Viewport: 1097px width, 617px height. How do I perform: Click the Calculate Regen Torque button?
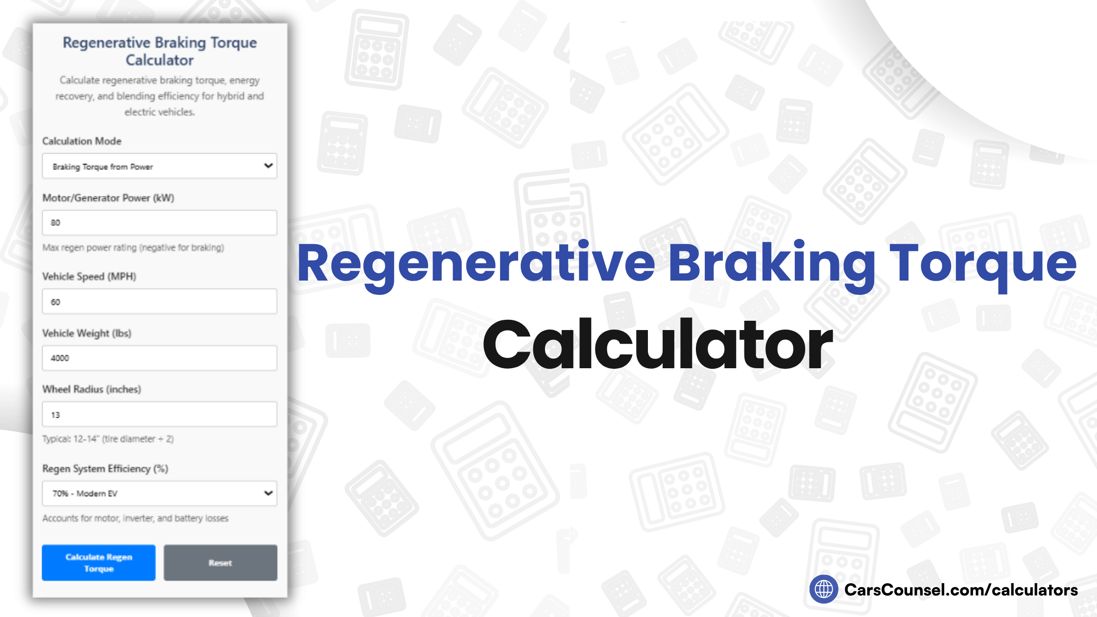tap(98, 563)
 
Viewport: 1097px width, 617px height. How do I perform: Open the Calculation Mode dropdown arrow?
tap(268, 166)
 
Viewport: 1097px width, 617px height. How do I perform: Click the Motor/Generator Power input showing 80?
tap(159, 223)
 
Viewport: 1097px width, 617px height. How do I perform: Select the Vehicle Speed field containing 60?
tap(159, 302)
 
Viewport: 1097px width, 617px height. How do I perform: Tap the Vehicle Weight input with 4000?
tap(159, 358)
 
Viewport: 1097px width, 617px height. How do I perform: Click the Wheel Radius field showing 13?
tap(159, 415)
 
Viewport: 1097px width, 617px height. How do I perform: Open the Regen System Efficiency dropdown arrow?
tap(268, 493)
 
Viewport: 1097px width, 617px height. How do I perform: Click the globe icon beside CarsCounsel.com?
tap(824, 589)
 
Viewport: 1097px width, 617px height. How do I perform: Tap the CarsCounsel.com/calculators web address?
tap(961, 590)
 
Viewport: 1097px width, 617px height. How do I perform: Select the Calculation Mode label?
tap(82, 141)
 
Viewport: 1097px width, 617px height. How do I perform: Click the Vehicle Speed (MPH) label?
tap(89, 277)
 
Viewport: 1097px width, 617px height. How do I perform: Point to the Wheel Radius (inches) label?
tap(92, 389)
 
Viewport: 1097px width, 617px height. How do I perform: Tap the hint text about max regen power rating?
tap(133, 248)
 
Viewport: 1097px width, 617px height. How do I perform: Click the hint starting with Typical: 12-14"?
tap(108, 439)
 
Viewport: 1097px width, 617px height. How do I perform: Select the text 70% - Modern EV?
tap(85, 494)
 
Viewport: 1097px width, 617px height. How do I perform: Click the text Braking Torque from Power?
tap(103, 167)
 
